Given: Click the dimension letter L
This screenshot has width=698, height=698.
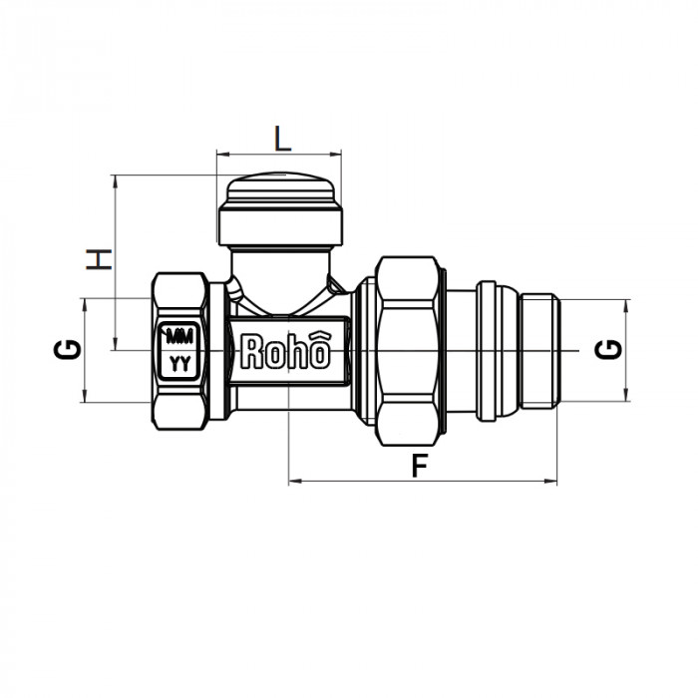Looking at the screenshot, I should (x=283, y=137).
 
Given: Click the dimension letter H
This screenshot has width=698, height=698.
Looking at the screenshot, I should (x=98, y=260).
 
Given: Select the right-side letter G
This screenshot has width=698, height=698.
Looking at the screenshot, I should (x=610, y=349).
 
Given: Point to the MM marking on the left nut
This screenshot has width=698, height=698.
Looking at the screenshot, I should (x=180, y=335).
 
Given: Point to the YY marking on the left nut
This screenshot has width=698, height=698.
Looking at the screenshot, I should (x=180, y=363).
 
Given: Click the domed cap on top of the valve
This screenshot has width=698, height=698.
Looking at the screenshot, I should (x=280, y=193).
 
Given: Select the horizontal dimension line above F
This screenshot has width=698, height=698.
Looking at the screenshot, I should (x=421, y=482).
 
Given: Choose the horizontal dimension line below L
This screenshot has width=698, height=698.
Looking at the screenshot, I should (x=279, y=154).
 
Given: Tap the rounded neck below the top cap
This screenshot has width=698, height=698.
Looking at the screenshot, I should (x=280, y=269).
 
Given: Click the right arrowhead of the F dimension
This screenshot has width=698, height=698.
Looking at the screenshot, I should (x=552, y=482).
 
